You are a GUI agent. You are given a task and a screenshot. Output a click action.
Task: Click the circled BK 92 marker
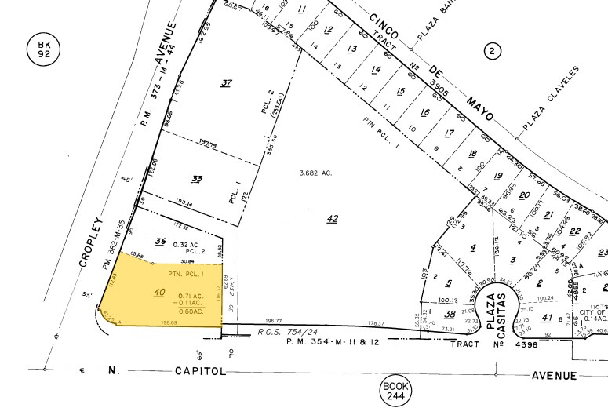tap(42, 50)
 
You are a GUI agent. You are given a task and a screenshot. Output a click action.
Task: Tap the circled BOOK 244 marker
tap(395, 390)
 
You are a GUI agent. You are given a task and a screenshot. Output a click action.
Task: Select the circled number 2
tap(492, 52)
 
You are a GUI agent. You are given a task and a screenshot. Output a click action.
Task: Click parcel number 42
tap(332, 219)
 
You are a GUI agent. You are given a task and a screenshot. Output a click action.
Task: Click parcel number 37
tap(227, 83)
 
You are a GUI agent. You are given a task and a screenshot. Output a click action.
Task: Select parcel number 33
tap(197, 179)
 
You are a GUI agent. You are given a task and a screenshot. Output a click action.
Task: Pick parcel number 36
tap(161, 241)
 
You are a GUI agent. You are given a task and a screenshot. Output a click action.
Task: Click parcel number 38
tap(449, 312)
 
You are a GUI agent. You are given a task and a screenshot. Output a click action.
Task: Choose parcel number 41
tap(547, 318)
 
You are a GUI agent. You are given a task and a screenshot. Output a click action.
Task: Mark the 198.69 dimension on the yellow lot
tap(166, 322)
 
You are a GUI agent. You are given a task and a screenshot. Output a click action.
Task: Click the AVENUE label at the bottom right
tap(557, 375)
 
